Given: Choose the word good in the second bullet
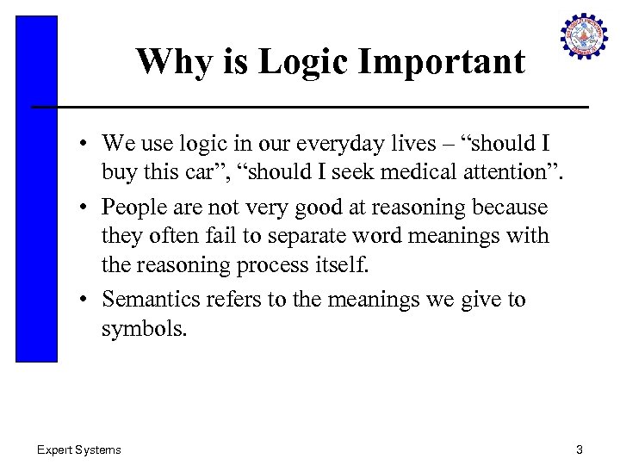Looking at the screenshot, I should click(292, 208).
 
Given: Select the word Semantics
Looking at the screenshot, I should click(150, 299).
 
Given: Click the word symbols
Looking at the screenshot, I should click(144, 329).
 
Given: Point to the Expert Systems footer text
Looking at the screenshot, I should click(78, 449).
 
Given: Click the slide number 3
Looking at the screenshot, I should click(580, 449).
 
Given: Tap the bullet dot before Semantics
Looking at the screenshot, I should click(89, 300).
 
